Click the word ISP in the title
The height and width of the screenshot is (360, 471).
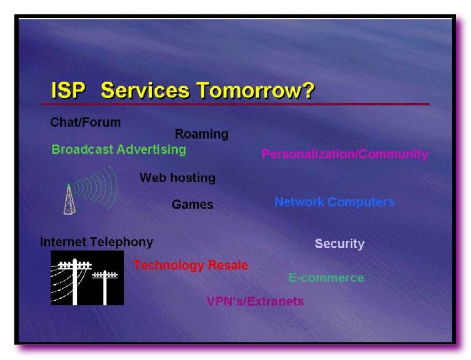68,90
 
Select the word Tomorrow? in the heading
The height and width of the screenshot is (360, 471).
256,90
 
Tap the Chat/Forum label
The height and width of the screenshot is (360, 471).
86,122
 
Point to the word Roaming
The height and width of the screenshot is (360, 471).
202,134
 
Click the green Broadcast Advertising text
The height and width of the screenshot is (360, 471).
119,150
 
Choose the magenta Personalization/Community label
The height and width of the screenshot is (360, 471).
345,155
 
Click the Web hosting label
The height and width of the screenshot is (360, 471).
178,178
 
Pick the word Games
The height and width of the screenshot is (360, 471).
193,204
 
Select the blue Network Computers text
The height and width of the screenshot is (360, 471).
335,202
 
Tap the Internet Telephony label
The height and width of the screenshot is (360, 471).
97,242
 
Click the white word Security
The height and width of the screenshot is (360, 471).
340,243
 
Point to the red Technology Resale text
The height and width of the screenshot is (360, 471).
190,265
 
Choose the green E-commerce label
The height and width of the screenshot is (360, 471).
326,278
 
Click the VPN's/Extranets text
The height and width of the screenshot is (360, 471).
255,301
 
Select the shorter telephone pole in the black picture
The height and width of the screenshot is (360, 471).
105,288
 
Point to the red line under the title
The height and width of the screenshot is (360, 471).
235,104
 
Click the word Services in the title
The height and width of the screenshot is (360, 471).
145,90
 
